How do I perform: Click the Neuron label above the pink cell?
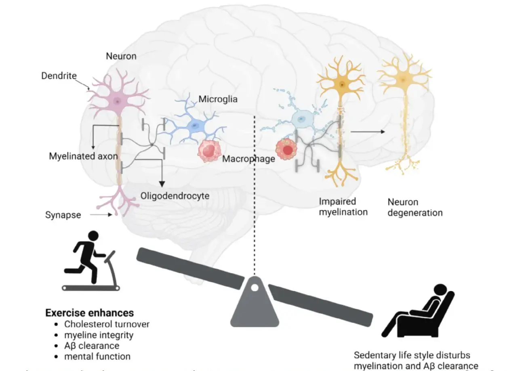(x=121, y=57)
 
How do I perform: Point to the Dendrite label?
(x=59, y=75)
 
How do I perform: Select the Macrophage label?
(x=248, y=159)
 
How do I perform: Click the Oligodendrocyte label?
(x=175, y=196)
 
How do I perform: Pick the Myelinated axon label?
(x=84, y=156)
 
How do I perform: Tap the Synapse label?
(x=63, y=215)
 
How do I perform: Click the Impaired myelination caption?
(x=343, y=206)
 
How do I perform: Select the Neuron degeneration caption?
(x=415, y=207)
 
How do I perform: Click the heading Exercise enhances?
(x=89, y=313)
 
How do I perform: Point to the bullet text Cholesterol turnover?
(x=107, y=324)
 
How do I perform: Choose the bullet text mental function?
(x=97, y=356)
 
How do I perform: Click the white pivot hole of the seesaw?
(x=255, y=288)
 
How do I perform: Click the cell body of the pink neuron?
(x=117, y=101)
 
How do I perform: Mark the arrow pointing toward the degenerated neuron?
(x=368, y=132)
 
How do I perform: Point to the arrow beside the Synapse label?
(x=101, y=215)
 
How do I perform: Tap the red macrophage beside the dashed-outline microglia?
(x=287, y=150)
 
